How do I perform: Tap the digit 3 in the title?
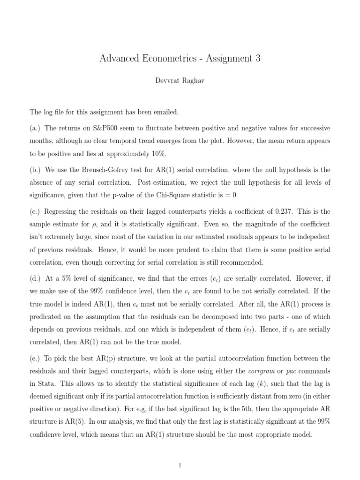pyautogui.click(x=257, y=59)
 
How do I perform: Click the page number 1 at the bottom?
pyautogui.click(x=180, y=465)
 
